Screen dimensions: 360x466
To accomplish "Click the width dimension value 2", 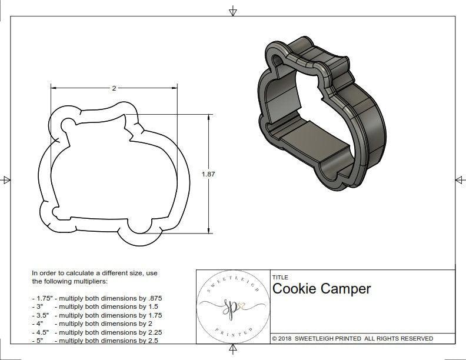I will click(114, 88).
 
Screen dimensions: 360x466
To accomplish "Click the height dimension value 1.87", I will click(208, 174).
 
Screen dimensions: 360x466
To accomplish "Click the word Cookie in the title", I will click(294, 289).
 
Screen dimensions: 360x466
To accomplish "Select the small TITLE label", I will click(279, 277).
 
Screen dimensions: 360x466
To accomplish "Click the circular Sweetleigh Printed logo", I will click(233, 306).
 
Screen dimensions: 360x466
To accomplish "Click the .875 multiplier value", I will click(154, 298).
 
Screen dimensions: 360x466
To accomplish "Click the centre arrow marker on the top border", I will click(233, 11).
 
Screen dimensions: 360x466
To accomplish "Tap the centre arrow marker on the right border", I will click(460, 179).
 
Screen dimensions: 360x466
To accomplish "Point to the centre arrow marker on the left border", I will click(6, 179).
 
